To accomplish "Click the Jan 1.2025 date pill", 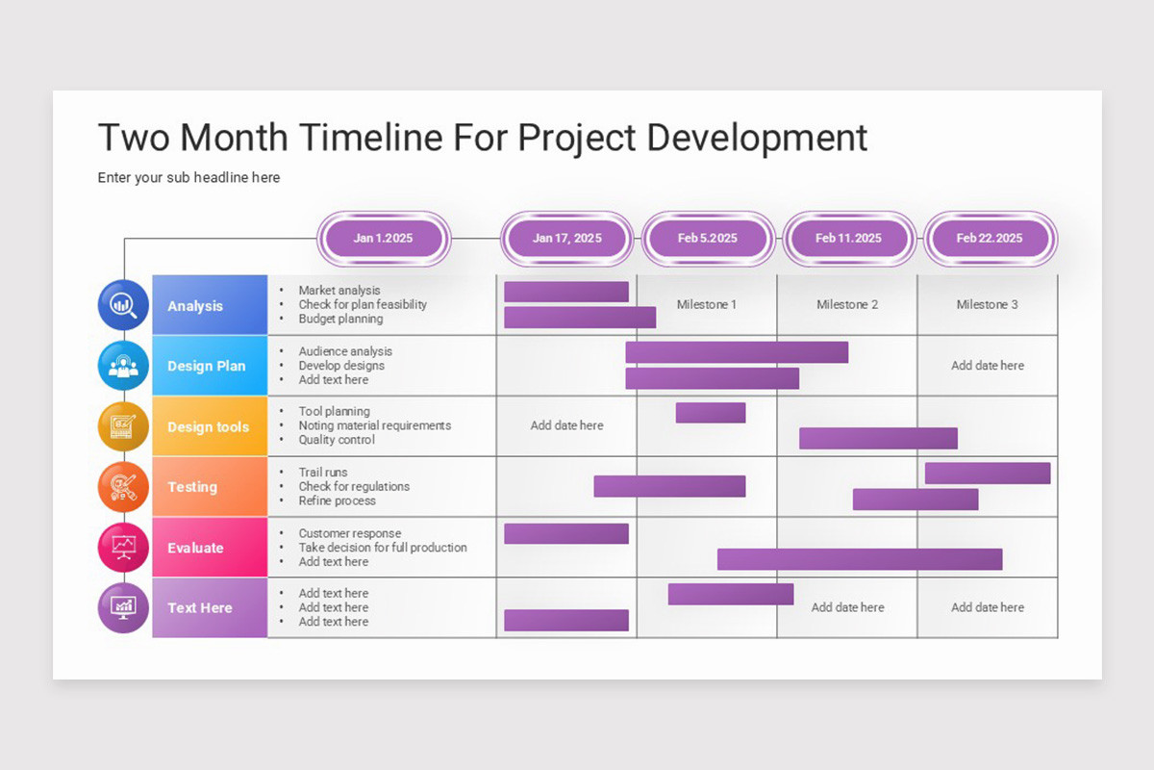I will tap(383, 238).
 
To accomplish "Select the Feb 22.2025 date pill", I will tap(990, 238).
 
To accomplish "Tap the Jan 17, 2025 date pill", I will tap(566, 238).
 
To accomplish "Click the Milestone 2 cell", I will tap(847, 304).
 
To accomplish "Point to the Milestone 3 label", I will tap(988, 304).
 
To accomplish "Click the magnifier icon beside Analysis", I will tap(123, 305).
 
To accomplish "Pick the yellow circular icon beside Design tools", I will tap(123, 426).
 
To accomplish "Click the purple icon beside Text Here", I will tap(123, 607).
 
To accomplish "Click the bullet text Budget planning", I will tap(340, 319).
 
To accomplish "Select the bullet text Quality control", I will tap(337, 440).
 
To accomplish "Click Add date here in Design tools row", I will tap(566, 425).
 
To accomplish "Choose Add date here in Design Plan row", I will tap(988, 366).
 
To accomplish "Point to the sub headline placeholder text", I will tap(189, 178).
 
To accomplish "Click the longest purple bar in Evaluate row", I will tap(860, 559).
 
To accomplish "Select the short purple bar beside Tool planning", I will tap(711, 413).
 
